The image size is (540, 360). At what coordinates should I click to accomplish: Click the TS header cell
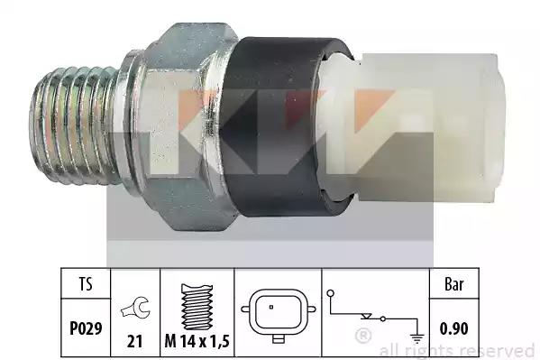pos(86,284)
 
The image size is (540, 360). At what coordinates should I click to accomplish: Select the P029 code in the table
pos(86,328)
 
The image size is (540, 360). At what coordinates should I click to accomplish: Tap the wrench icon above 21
pos(135,308)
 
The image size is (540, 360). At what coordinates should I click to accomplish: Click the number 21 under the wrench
pos(134,341)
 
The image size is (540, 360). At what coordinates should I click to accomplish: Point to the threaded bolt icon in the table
pos(197,307)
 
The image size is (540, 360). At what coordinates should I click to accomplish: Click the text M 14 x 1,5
pos(197,341)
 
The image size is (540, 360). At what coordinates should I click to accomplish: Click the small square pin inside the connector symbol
pos(271,307)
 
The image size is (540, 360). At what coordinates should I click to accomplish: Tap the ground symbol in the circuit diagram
pos(417,338)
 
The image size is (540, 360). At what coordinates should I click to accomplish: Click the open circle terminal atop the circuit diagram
pos(330,293)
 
